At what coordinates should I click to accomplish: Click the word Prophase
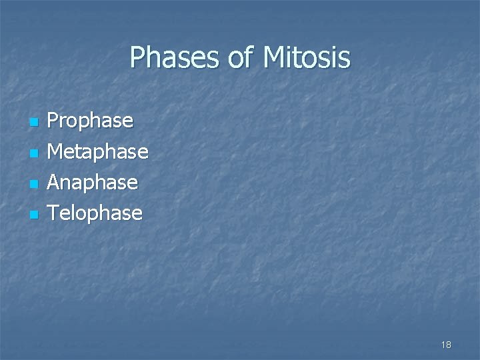pos(91,122)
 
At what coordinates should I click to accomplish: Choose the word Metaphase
pos(99,152)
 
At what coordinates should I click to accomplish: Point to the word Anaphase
pos(94,182)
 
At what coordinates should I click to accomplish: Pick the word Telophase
pos(96,213)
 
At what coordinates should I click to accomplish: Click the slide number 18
pos(446,345)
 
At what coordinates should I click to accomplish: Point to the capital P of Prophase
pos(55,122)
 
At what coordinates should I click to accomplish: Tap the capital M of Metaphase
pos(58,152)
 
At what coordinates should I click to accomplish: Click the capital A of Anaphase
pos(56,182)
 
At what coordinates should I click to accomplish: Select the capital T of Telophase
pos(55,213)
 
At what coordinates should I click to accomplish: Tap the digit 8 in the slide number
pos(449,345)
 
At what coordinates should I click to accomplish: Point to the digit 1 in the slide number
pos(443,345)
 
